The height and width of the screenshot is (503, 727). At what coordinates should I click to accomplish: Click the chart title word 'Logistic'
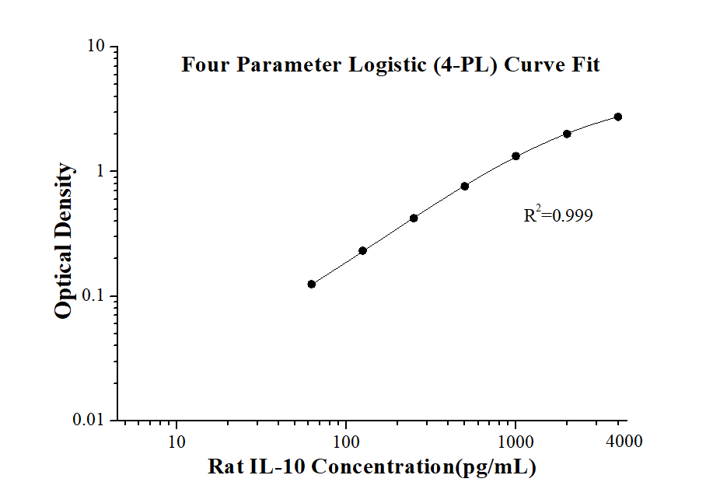point(387,65)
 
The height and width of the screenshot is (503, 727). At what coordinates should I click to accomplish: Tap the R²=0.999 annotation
point(557,215)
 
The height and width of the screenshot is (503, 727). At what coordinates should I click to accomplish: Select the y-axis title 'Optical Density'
point(64,240)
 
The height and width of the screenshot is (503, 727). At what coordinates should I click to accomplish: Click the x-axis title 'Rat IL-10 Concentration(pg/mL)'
point(372,466)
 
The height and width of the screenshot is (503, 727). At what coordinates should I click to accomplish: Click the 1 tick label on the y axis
point(100,170)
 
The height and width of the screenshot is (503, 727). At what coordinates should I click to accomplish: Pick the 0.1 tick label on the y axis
point(93,295)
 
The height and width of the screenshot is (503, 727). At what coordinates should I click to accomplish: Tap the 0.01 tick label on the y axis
point(89,420)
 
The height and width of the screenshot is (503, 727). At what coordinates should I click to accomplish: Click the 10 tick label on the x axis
point(177,442)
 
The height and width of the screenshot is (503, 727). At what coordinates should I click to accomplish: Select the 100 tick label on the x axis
point(346,442)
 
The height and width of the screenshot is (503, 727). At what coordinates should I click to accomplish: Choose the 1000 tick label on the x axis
point(516,442)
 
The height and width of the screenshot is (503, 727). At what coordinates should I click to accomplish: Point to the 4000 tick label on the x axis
point(624,440)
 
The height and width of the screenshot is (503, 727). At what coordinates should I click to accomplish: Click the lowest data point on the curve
point(312,285)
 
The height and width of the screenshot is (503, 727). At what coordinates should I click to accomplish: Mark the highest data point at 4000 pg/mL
point(618,117)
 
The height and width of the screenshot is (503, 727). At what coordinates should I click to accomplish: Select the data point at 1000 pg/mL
point(516,156)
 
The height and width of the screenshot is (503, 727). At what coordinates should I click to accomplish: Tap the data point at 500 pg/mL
point(464,187)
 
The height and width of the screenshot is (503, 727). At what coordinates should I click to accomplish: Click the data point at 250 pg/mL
point(414,218)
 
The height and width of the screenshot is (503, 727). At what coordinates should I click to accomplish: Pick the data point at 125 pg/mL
point(362,251)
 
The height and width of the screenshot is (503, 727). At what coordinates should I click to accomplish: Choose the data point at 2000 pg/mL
point(567,134)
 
